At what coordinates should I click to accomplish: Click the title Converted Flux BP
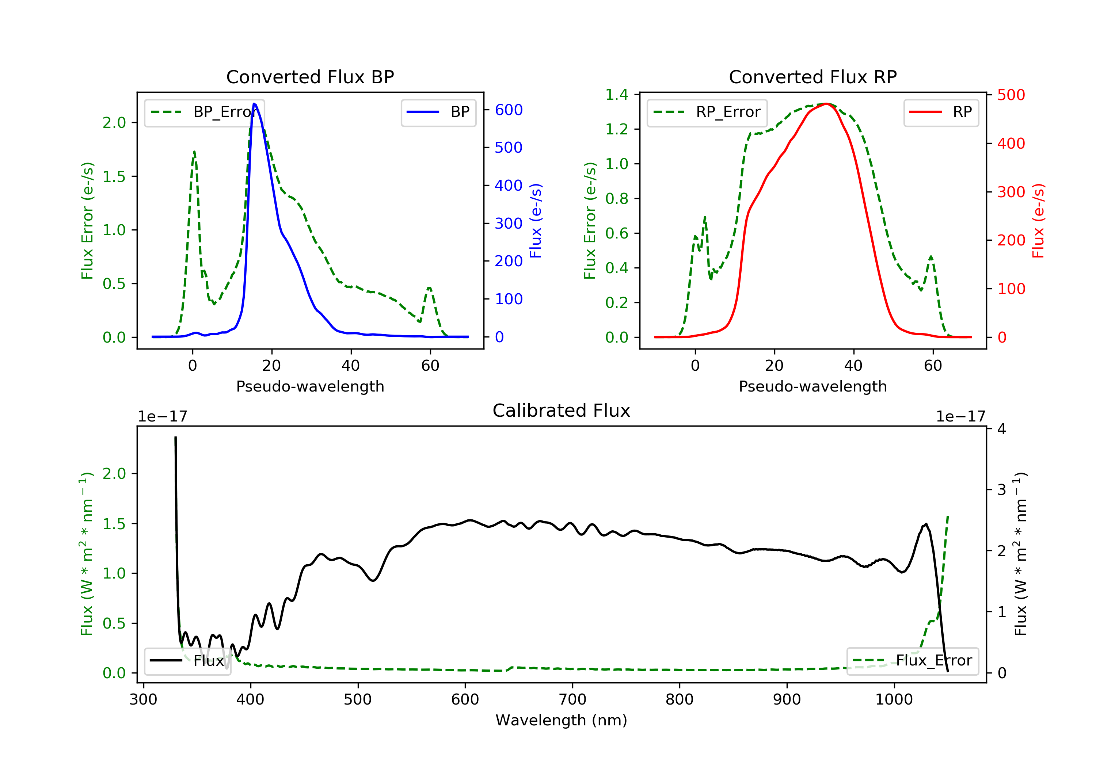click(310, 77)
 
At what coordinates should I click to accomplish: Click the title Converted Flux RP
click(813, 77)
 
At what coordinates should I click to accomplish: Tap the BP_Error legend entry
click(204, 112)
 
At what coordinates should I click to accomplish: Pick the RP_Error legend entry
click(707, 112)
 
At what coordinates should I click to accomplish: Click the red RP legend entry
click(941, 112)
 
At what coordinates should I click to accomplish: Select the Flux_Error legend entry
click(913, 661)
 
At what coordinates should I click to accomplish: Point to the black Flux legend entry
click(188, 661)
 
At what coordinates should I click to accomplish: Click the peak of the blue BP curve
click(254, 104)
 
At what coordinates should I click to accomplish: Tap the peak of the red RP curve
click(826, 104)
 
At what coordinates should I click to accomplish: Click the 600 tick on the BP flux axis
click(509, 110)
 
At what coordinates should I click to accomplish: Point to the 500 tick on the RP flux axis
click(1011, 95)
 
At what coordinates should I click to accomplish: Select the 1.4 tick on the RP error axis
click(617, 95)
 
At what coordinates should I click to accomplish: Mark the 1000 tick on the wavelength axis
click(894, 700)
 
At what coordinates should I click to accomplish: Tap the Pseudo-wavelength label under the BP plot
click(310, 386)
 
